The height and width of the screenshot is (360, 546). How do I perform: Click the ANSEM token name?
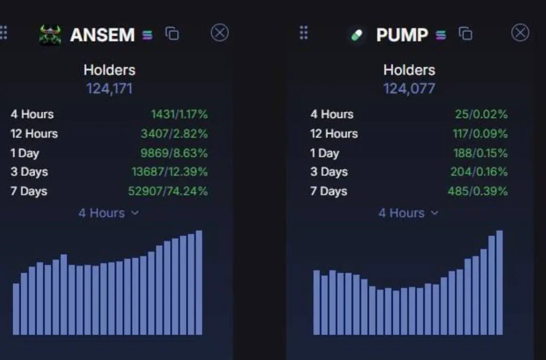coord(102,35)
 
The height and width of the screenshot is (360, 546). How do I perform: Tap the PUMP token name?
coord(402,35)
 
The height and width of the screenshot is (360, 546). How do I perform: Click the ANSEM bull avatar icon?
coord(50,35)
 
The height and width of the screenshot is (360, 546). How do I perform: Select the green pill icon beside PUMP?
coord(357,35)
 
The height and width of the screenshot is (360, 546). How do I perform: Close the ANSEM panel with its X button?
coord(220,33)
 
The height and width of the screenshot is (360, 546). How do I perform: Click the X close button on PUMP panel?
coord(520,33)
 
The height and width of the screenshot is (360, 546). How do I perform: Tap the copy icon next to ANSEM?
coord(172,34)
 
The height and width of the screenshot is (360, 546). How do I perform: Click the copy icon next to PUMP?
coord(466,34)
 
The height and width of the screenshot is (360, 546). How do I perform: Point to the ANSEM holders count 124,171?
coord(109,89)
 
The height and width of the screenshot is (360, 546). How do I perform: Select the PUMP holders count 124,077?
coord(409,89)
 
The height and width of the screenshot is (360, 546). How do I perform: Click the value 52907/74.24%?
coord(168,191)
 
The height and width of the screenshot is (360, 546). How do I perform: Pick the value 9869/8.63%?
coord(174,153)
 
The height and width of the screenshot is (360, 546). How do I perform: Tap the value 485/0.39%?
coord(477,191)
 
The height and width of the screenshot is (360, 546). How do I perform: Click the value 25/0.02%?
coord(481,114)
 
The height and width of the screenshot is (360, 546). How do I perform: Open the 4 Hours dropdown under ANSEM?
coord(109,213)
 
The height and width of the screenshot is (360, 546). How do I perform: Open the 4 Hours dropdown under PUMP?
coord(408,213)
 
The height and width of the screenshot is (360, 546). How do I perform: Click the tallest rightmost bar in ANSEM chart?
coord(199,283)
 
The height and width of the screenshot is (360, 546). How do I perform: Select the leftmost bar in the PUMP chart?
coord(317,303)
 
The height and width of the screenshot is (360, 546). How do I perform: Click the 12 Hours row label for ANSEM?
coord(34,133)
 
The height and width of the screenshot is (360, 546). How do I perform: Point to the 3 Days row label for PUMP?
coord(329,172)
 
